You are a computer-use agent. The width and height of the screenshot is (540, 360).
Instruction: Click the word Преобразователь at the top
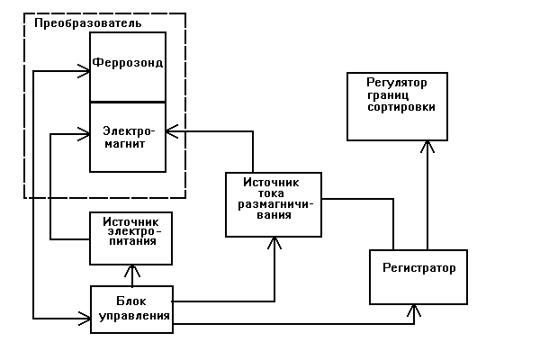pos(88,22)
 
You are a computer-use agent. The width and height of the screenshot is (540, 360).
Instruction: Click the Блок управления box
pos(130,309)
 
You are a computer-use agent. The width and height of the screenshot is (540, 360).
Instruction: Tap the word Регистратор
pos(418,268)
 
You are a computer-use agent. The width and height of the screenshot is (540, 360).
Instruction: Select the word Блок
pos(130,301)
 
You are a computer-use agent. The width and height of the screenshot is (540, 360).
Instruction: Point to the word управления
pos(130,315)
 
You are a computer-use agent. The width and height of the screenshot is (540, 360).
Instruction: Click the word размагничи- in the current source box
pos(274,204)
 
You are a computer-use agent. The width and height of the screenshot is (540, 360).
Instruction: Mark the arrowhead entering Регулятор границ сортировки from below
pos(427,145)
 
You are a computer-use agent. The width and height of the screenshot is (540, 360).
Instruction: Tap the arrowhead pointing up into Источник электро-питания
pos(131,269)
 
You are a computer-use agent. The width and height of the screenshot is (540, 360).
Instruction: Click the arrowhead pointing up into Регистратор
pos(415,309)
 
